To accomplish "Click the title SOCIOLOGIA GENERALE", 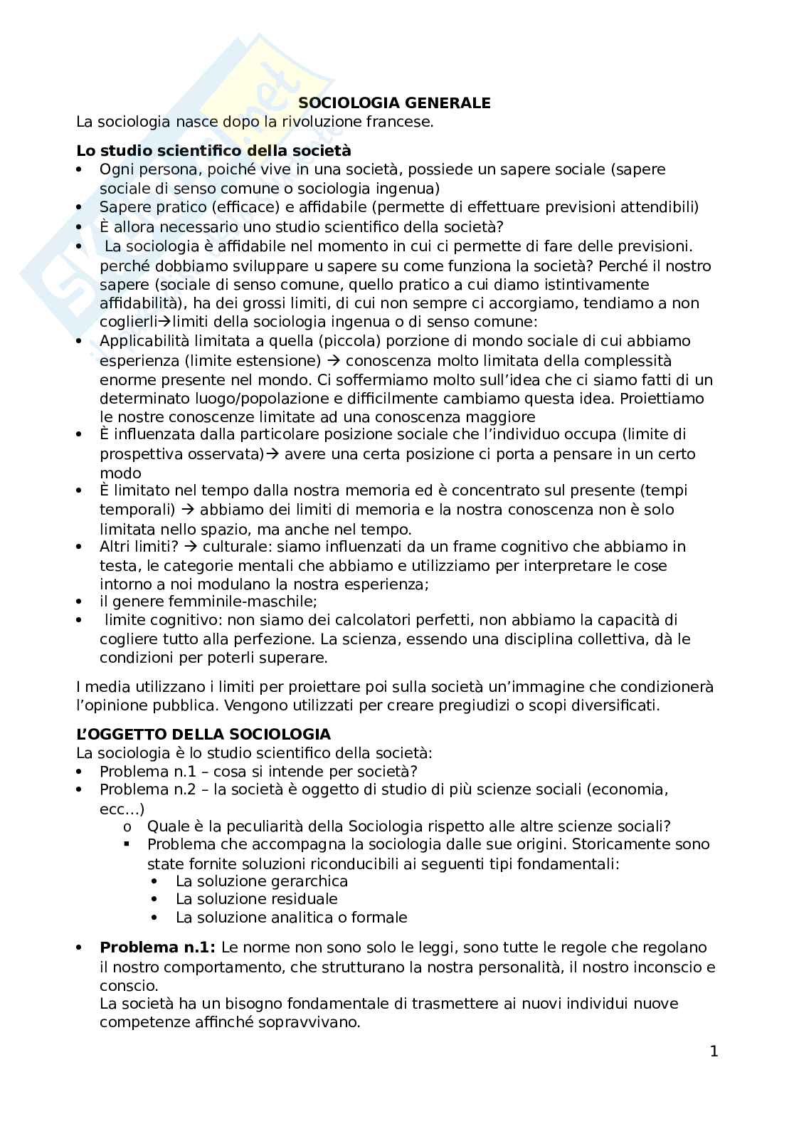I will click(x=394, y=103).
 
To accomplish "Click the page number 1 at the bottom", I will click(x=714, y=1051).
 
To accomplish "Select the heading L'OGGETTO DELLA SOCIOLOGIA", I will click(x=203, y=734).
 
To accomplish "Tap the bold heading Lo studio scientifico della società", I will click(x=213, y=150).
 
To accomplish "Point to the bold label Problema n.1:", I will click(x=158, y=947).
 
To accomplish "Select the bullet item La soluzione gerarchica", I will click(x=261, y=881).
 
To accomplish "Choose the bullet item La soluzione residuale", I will click(x=256, y=899).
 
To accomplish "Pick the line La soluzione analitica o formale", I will click(x=291, y=918).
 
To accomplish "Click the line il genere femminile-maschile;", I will click(x=198, y=602).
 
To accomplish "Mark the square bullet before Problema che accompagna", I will click(x=127, y=844).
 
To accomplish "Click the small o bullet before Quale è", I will click(x=127, y=827).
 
